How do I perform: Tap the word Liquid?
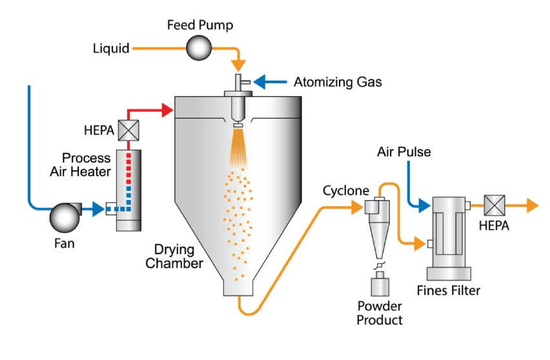pos(111,48)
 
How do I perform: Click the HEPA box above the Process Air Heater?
pos(128,131)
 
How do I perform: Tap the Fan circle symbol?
pos(64,215)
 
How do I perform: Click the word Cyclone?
pos(346,192)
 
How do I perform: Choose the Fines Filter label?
pos(453,290)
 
